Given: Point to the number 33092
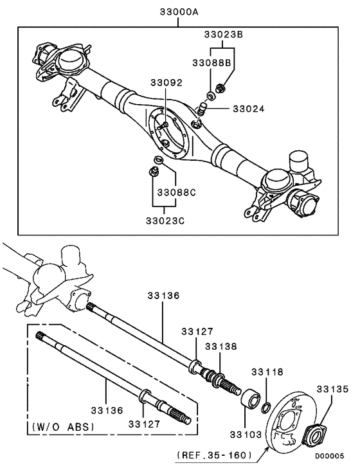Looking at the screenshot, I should click(x=167, y=83).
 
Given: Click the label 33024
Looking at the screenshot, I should click(x=249, y=109).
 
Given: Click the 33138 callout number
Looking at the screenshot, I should click(x=222, y=346).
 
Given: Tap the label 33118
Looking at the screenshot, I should click(x=267, y=372).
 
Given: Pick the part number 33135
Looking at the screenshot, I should click(x=332, y=388).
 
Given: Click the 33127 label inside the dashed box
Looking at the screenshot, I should click(x=145, y=423).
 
